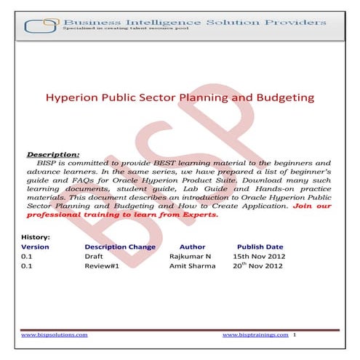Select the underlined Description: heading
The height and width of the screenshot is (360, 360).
click(x=52, y=155)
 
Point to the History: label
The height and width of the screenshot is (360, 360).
click(x=35, y=237)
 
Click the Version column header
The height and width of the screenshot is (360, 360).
click(x=36, y=247)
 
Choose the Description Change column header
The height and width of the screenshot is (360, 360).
click(x=120, y=247)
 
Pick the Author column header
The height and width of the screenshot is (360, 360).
click(x=192, y=247)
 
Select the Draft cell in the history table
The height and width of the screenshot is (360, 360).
click(x=95, y=257)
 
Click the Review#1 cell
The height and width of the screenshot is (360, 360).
click(x=100, y=267)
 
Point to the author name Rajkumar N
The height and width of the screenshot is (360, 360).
click(x=191, y=257)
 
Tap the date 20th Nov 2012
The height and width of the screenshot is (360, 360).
click(x=260, y=267)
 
